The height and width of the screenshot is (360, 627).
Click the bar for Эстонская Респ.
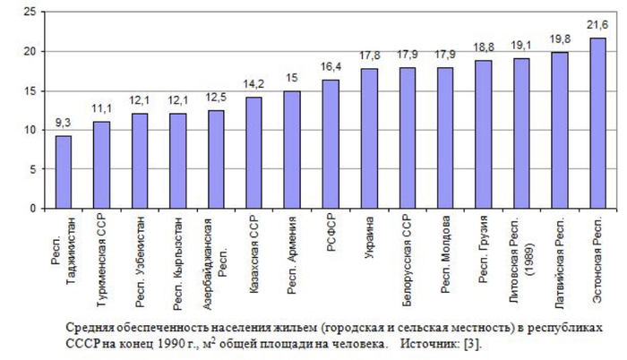click(x=597, y=123)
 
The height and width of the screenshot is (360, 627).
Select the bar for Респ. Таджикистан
click(x=64, y=172)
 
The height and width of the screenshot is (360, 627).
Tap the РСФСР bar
click(x=331, y=143)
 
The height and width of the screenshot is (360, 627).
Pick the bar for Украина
click(x=369, y=138)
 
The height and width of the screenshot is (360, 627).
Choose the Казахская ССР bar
click(x=254, y=152)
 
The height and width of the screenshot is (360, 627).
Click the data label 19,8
click(x=560, y=40)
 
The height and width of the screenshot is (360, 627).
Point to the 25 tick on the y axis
click(x=30, y=13)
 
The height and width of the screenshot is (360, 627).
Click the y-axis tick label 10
click(x=30, y=130)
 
